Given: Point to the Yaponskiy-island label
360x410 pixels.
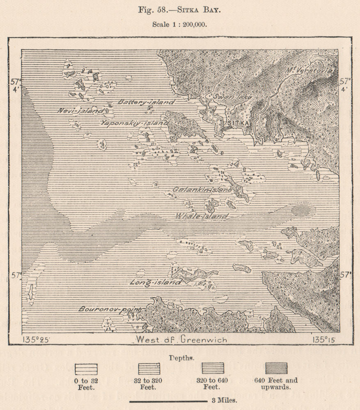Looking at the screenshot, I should [134, 122].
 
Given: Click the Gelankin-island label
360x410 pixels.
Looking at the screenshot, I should [202, 190].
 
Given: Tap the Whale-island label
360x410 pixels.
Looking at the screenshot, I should [202, 216].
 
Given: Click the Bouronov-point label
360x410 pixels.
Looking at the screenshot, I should [110, 309].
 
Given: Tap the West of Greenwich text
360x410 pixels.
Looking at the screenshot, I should [180, 340].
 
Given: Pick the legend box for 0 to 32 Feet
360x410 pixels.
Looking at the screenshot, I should [86, 368].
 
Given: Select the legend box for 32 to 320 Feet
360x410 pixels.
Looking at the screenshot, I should [150, 368].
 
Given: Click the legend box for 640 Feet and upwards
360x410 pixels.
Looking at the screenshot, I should [276, 368].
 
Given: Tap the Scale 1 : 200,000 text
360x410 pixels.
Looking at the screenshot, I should [180, 24].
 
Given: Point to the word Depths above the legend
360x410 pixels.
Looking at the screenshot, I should [181, 358].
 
